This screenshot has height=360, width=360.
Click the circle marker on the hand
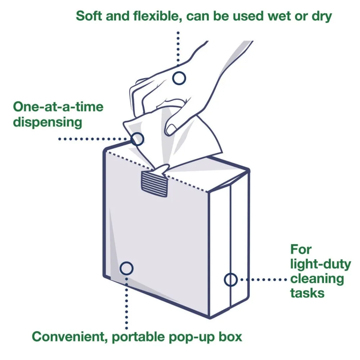coord(179,78)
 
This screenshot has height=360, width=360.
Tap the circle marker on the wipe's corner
coord(137,139)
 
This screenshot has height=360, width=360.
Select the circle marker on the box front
coord(126,268)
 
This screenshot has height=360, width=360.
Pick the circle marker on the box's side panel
coord(231,279)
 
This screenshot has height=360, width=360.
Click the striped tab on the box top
coord(154,184)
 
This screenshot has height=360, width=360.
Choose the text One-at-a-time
coord(58,107)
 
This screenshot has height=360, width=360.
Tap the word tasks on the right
coord(307,293)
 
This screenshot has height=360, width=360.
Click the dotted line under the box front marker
coord(126,302)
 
